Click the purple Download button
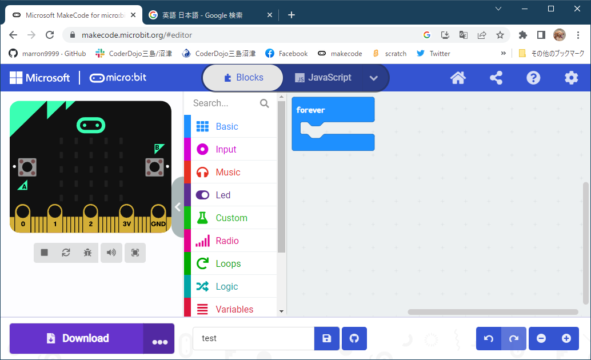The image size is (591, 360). (x=77, y=338)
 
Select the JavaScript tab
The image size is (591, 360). (x=323, y=78)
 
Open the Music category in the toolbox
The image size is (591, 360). (x=227, y=172)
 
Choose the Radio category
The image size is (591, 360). (x=227, y=241)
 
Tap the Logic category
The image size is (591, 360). (x=226, y=286)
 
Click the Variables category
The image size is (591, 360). (x=234, y=309)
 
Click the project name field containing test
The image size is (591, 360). (x=253, y=338)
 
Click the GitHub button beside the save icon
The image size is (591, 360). (x=354, y=338)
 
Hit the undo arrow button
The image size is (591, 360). (x=489, y=338)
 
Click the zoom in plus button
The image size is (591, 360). (x=566, y=338)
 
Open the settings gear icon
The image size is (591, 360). (x=571, y=78)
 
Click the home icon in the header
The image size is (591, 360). (x=458, y=78)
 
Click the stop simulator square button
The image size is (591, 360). (x=45, y=253)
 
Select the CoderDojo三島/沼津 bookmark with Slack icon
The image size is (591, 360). (x=134, y=54)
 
